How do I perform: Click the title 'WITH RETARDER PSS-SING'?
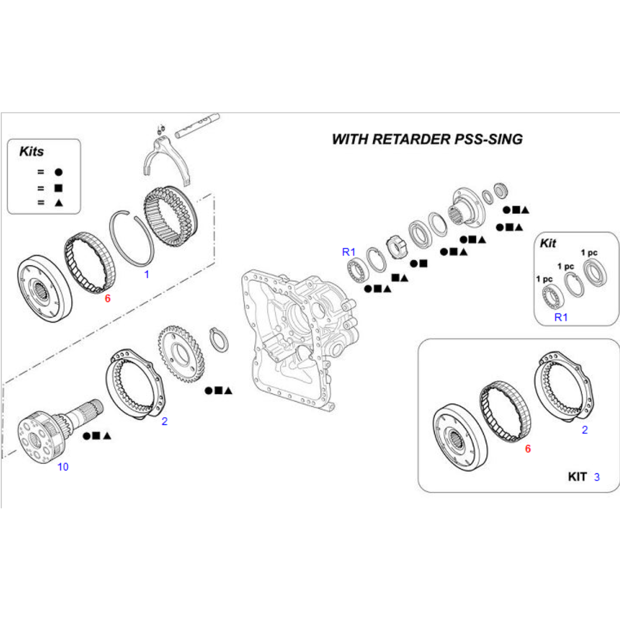click(x=426, y=139)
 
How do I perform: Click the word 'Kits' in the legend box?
click(x=31, y=152)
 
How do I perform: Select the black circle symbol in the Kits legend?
click(x=58, y=172)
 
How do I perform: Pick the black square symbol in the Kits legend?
click(x=58, y=188)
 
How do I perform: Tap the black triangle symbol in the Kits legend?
click(x=58, y=203)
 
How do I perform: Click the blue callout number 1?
click(x=146, y=275)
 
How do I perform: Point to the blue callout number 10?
click(x=62, y=467)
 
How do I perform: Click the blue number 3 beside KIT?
click(x=597, y=477)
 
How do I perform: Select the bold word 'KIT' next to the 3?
click(x=577, y=477)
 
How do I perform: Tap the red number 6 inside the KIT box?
click(x=528, y=449)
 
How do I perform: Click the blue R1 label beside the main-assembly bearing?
click(x=349, y=252)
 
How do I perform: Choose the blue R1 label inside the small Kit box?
click(x=561, y=317)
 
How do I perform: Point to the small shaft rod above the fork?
click(x=197, y=125)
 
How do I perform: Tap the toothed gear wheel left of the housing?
click(x=181, y=356)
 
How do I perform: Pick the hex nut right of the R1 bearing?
click(x=395, y=249)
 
